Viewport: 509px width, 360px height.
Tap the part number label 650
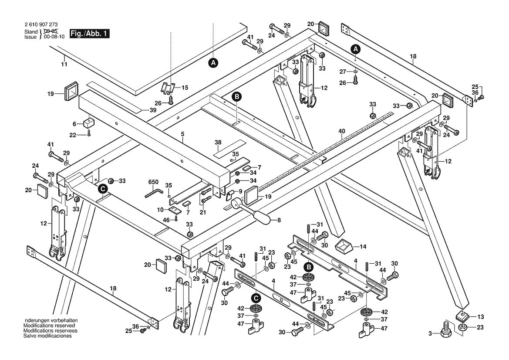tap(153, 182)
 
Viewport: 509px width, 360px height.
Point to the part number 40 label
tap(341, 132)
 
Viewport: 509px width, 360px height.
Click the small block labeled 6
tap(88, 123)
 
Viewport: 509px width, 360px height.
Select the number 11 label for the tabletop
tap(64, 65)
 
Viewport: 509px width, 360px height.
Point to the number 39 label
tap(153, 110)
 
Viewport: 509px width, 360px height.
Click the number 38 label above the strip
tap(218, 142)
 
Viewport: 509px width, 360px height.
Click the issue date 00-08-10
tap(56, 37)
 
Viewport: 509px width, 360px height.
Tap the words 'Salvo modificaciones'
tap(47, 336)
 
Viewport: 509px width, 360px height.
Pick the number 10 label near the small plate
tap(160, 210)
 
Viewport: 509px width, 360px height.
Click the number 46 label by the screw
tap(166, 220)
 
